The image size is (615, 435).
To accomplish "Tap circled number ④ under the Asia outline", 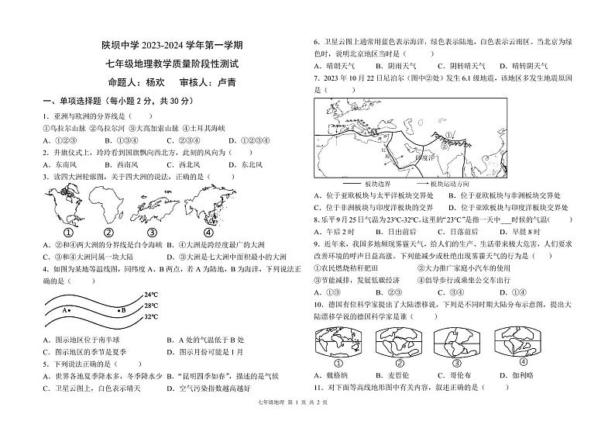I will point(208,232).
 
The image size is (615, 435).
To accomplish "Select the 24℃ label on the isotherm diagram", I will point(150,295).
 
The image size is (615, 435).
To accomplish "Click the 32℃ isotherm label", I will point(150,317).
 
